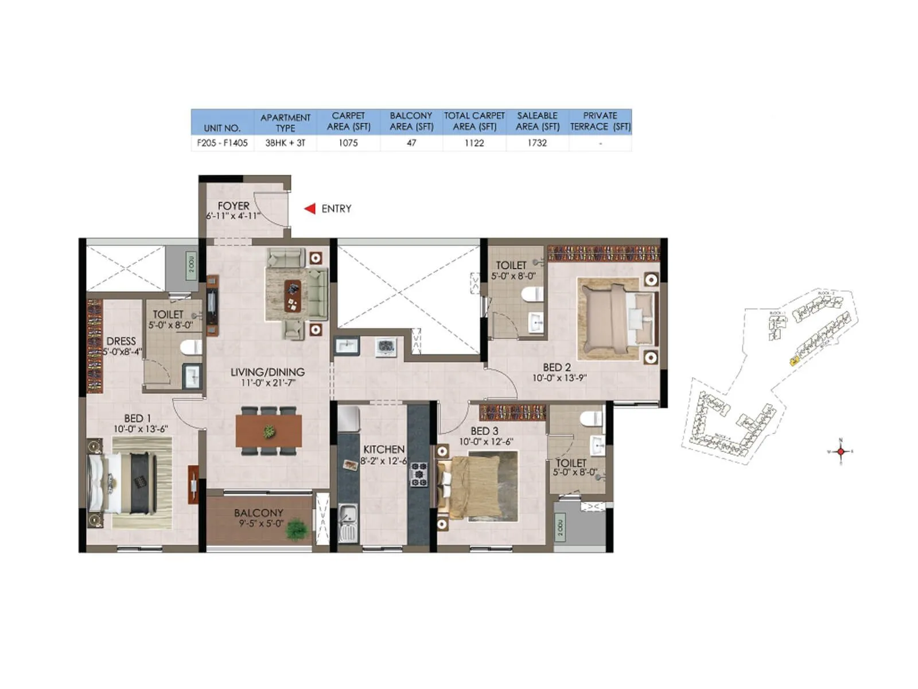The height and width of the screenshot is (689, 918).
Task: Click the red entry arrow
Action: pyautogui.click(x=310, y=208)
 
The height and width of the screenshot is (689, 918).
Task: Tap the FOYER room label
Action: pyautogui.click(x=234, y=206)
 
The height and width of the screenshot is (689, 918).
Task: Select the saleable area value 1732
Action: pyautogui.click(x=537, y=143)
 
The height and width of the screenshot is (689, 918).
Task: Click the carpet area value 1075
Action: pyautogui.click(x=348, y=143)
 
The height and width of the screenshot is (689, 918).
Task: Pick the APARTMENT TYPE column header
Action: pyautogui.click(x=285, y=122)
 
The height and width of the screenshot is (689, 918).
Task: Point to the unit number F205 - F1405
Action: pyautogui.click(x=222, y=143)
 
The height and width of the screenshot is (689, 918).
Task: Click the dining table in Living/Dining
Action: pyautogui.click(x=269, y=431)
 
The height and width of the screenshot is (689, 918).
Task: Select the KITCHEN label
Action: pyautogui.click(x=384, y=449)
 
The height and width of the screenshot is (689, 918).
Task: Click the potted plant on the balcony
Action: pyautogui.click(x=296, y=528)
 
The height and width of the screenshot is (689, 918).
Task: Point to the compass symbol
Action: pyautogui.click(x=841, y=451)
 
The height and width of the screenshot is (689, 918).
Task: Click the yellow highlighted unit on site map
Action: pyautogui.click(x=794, y=361)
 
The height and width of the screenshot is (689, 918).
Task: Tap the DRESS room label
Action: pyautogui.click(x=121, y=341)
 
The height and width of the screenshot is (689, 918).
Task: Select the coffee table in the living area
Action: pyautogui.click(x=293, y=295)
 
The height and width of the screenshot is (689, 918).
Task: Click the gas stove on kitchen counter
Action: pyautogui.click(x=419, y=474)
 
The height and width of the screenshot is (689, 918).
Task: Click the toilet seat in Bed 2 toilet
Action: pyautogui.click(x=532, y=295)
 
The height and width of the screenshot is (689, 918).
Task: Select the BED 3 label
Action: pyautogui.click(x=484, y=431)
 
